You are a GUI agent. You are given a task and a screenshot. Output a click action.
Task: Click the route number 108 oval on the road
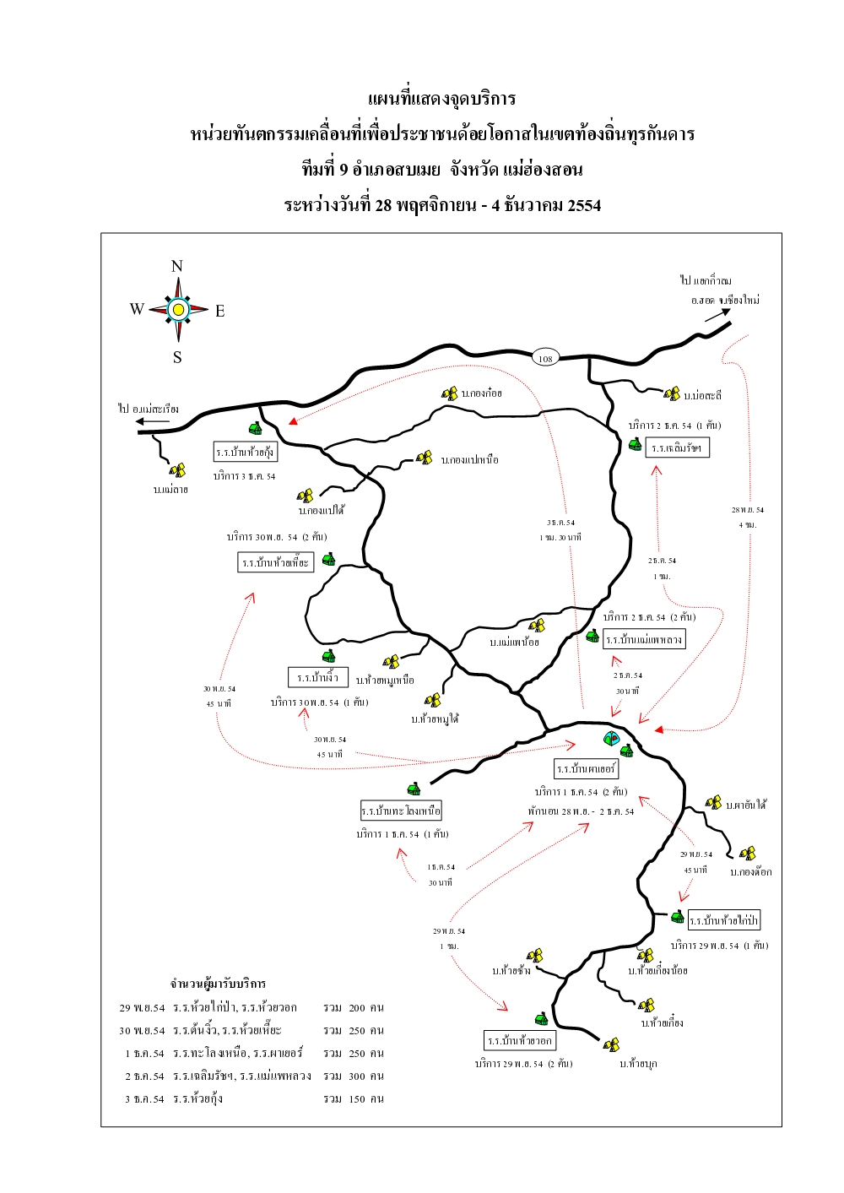[x=545, y=358]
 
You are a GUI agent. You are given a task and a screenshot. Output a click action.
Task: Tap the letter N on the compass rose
[x=177, y=267]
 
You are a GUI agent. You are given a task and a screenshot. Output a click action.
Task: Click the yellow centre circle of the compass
[x=178, y=310]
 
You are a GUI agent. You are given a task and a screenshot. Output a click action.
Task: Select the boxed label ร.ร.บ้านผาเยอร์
[x=587, y=768]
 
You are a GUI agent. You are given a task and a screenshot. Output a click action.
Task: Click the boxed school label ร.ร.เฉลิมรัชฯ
[x=677, y=448]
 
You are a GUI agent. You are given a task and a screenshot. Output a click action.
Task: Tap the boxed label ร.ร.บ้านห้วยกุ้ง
[x=245, y=452]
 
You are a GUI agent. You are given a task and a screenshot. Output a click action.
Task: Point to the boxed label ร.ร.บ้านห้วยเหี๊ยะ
[x=276, y=562]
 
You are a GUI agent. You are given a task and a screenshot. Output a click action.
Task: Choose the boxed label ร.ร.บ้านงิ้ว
[x=318, y=677]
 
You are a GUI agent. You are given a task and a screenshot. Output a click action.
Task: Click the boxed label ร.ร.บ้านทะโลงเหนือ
[x=401, y=811]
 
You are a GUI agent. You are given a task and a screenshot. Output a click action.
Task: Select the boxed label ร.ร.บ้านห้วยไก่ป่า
[x=724, y=920]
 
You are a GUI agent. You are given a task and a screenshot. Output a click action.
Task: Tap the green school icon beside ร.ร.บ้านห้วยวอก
[x=541, y=1019]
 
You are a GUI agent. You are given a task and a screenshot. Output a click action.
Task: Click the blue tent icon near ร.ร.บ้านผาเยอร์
[x=610, y=739]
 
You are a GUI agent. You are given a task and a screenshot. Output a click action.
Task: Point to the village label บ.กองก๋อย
[x=482, y=393]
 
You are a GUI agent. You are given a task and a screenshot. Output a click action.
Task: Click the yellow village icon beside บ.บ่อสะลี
[x=672, y=394]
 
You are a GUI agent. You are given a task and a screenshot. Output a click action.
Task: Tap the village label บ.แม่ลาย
[x=170, y=490]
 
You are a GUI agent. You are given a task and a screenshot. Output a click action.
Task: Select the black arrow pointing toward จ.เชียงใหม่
[x=717, y=314]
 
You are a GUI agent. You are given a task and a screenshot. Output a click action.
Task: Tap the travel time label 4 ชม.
[x=748, y=525]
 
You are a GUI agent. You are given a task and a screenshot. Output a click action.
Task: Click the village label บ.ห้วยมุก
[x=638, y=1064]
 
